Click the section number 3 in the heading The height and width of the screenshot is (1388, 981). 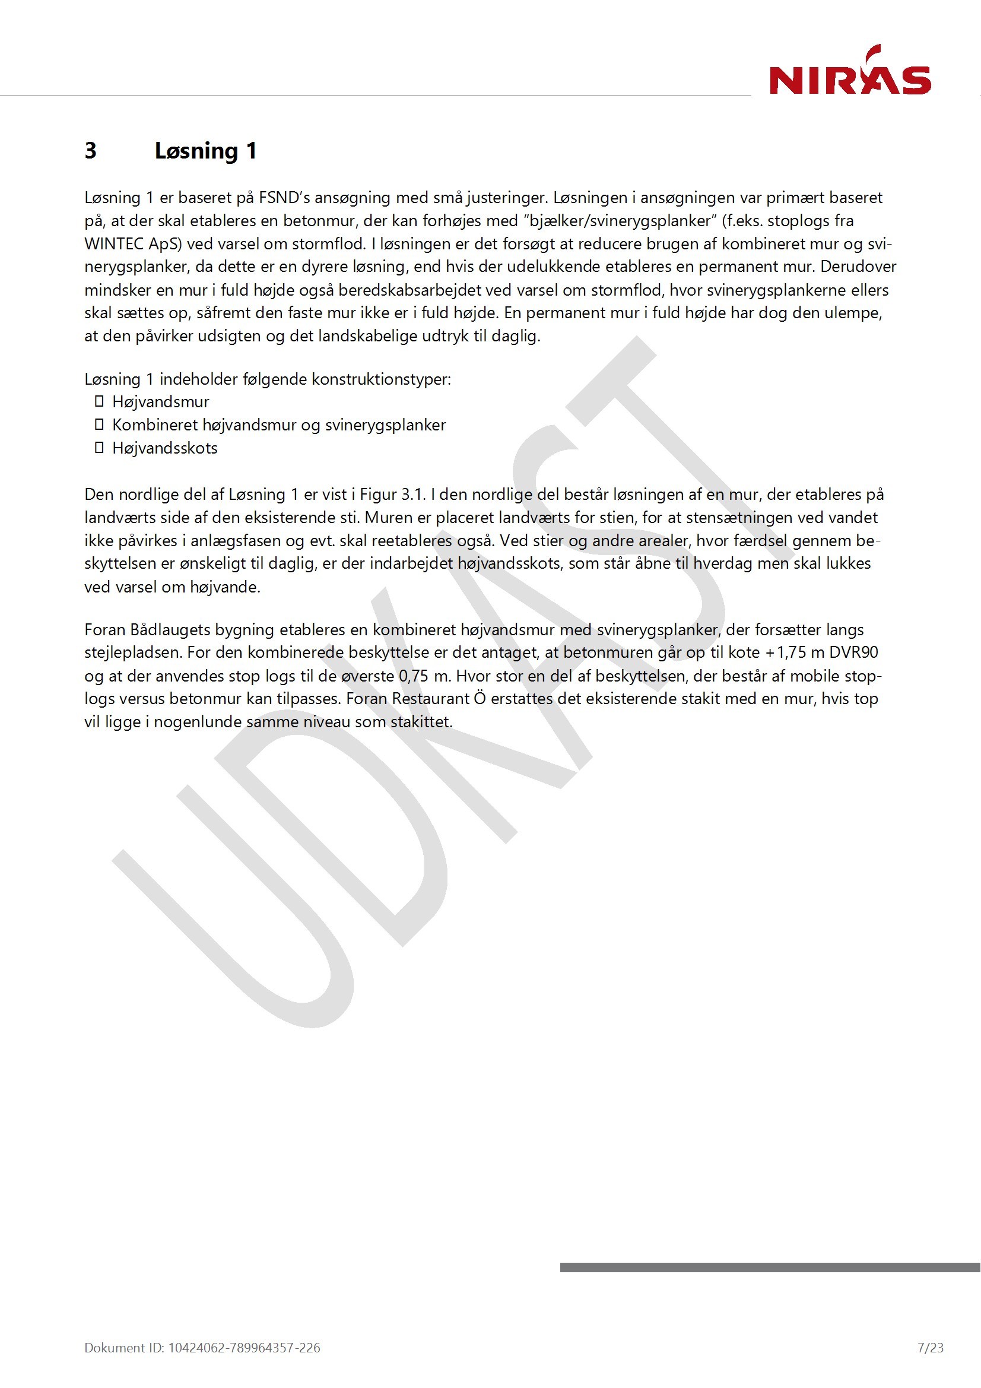point(91,151)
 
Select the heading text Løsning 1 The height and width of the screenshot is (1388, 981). point(205,151)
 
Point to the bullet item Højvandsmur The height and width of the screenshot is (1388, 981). point(161,402)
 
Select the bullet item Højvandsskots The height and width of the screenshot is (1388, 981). point(164,448)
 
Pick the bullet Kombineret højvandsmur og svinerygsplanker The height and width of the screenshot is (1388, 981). point(279,425)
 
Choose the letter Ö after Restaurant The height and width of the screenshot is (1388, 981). point(480,699)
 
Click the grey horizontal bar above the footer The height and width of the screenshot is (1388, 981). point(770,1267)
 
